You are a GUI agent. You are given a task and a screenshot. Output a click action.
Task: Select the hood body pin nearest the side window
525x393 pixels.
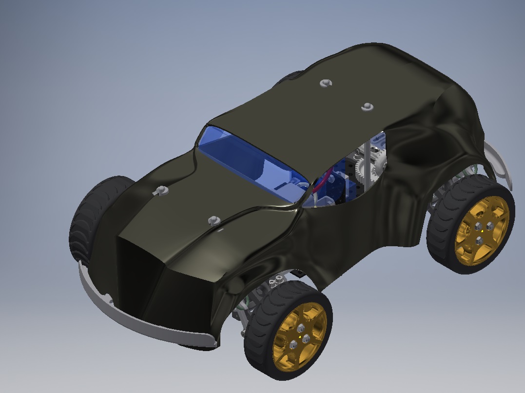213,221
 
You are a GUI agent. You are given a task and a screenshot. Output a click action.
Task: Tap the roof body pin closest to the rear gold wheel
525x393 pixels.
367,107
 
